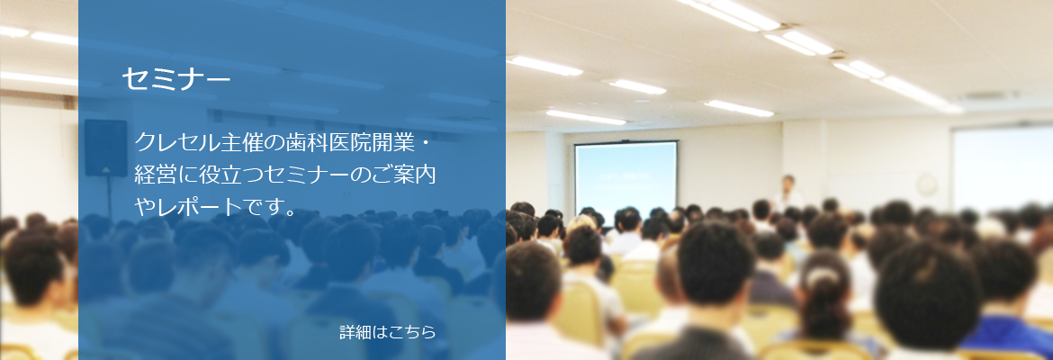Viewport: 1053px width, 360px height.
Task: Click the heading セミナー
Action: [x=175, y=79]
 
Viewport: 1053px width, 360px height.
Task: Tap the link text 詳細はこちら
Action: [x=388, y=332]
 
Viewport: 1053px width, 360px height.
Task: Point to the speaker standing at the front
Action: [x=787, y=193]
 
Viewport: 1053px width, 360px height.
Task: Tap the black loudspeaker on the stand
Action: [x=105, y=148]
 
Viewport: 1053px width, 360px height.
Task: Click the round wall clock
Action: [x=927, y=184]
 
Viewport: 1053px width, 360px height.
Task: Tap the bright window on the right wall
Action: [x=1003, y=168]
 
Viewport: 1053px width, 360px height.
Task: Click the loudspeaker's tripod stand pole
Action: [x=109, y=198]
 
